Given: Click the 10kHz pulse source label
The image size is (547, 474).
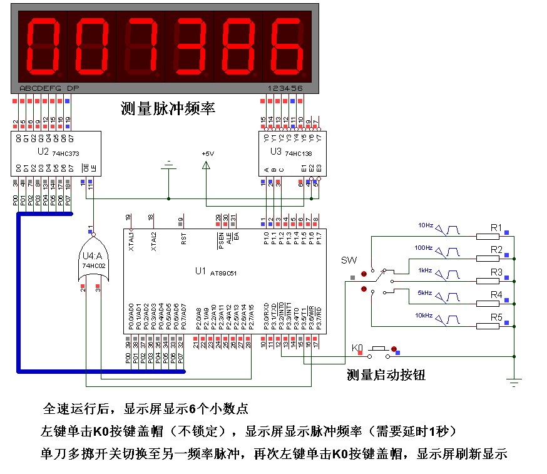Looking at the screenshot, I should coord(424,315).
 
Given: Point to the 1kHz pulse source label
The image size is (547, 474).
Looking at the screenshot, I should coord(425,270).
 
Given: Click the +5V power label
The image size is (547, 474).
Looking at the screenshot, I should coord(207,153).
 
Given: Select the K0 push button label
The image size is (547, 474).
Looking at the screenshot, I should coord(357,348).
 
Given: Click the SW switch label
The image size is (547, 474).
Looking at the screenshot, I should coord(348,260).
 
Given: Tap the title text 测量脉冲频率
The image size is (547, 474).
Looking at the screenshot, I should coord(168,108).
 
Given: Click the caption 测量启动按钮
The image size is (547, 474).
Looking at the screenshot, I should coord(386,374).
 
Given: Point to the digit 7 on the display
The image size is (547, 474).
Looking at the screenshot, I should coord(141,45).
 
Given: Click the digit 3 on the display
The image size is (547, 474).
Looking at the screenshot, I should coord(189,45).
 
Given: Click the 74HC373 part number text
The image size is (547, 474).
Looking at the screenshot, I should coord(64,153).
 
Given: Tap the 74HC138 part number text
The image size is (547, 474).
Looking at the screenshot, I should coord(299,153).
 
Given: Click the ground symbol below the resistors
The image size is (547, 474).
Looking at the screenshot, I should coord(514,380).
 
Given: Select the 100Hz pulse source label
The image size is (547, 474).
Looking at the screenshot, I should coord(424,248).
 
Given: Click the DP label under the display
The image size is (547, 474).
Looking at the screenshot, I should coord(73,88).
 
